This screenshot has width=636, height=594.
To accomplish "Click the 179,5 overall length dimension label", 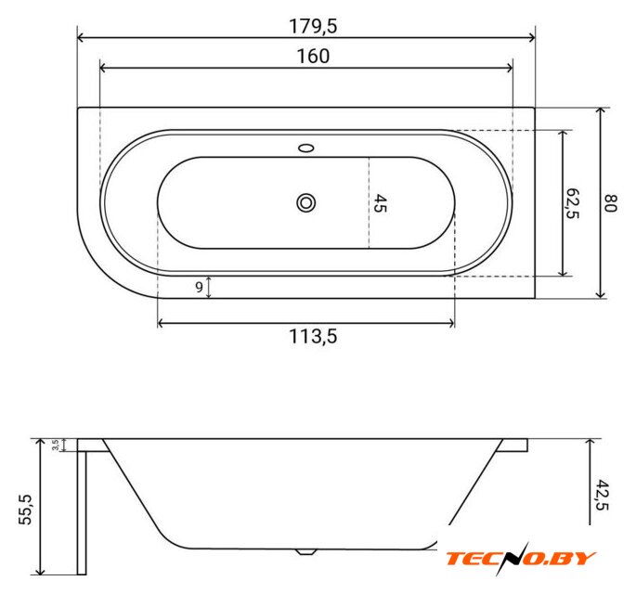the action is (313, 26).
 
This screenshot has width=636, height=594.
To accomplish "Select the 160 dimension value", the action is (313, 57).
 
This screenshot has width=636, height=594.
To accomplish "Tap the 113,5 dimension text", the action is (313, 337).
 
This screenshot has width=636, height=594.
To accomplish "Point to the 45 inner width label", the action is (380, 203).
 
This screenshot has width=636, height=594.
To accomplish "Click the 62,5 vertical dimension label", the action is (572, 203).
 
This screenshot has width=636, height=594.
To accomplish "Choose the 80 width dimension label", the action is (611, 203).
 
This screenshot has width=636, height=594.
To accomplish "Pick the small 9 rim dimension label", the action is (199, 287).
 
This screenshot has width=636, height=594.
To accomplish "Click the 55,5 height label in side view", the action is (25, 510).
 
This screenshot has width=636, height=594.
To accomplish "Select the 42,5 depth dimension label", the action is (603, 495).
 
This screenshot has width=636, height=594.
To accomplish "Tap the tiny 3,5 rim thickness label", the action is (56, 445).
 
